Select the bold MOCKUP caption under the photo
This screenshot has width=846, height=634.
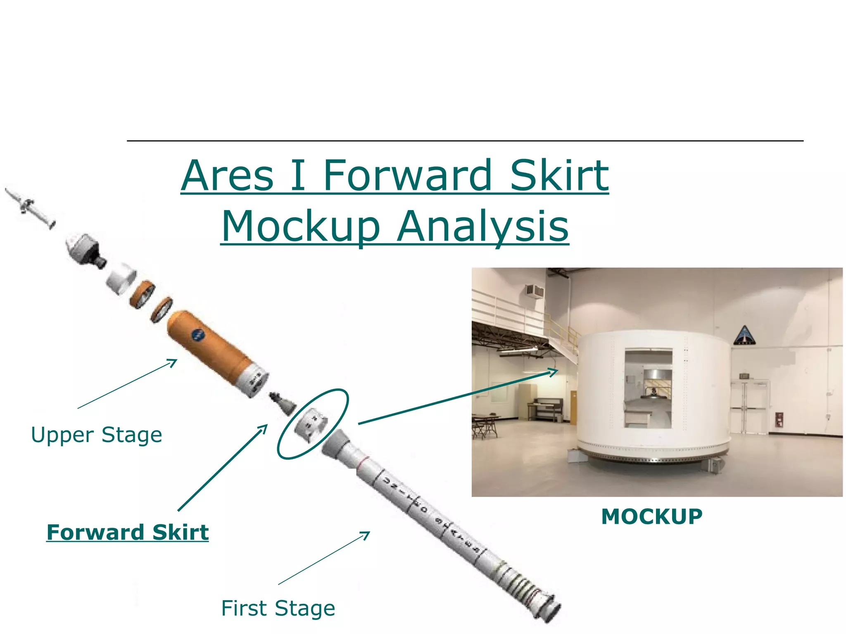click(651, 517)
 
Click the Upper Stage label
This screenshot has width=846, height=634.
click(97, 435)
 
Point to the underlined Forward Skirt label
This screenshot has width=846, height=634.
click(127, 532)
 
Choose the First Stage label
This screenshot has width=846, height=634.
click(278, 608)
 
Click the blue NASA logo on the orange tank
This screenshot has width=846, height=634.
click(198, 335)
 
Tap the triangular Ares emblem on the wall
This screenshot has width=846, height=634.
click(744, 335)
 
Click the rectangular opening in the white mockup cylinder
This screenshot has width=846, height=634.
click(648, 388)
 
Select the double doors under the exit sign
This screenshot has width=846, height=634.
click(750, 407)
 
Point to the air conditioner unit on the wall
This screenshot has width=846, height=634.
click(535, 291)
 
